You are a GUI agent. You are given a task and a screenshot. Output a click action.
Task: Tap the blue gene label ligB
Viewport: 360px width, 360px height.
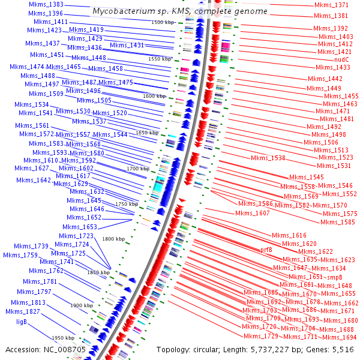(21, 322)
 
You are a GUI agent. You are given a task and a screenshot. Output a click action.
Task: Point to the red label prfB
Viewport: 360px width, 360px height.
(266, 249)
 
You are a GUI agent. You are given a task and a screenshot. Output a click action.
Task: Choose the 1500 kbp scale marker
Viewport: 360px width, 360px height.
(163, 22)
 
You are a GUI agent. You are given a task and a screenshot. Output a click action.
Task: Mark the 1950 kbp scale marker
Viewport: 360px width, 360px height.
(62, 338)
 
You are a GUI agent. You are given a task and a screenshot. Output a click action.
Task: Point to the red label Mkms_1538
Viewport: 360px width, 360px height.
(268, 158)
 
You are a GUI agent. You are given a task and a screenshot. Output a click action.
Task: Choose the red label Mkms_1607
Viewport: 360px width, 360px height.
(253, 213)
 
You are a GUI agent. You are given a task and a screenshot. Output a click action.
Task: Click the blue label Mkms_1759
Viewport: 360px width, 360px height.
(20, 255)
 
